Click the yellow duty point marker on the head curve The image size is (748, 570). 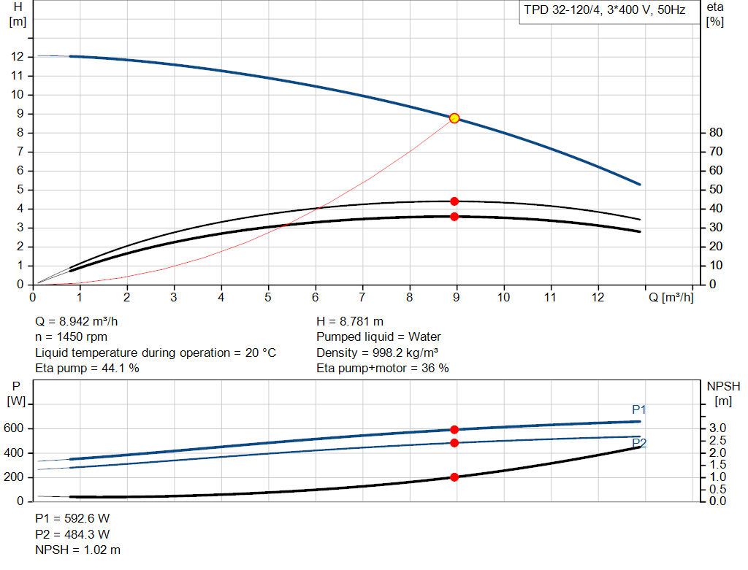[454, 118]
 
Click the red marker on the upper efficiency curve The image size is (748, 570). [454, 201]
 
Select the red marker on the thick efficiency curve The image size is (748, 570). [454, 217]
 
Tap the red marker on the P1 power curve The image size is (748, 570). [454, 430]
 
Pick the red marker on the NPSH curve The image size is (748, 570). [454, 477]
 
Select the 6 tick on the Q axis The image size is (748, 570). [316, 298]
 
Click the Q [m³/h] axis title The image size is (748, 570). [671, 298]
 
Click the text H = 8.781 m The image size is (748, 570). [350, 321]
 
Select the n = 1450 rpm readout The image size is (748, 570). [72, 337]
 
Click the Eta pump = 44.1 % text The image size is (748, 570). [88, 369]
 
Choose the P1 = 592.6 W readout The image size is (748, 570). [73, 518]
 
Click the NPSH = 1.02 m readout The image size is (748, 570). [78, 550]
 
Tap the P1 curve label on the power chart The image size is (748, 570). [639, 409]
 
